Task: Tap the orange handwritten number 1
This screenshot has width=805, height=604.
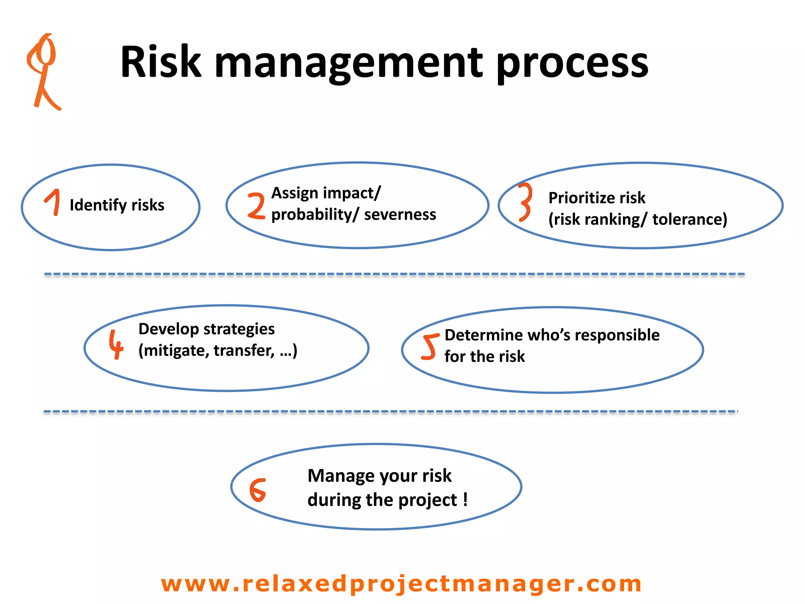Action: coord(53,202)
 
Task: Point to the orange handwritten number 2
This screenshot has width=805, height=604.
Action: coord(257,205)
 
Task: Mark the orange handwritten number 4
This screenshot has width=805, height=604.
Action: coord(116,344)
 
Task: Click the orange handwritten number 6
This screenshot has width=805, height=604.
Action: coord(258,490)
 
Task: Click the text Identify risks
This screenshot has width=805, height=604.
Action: coord(117,205)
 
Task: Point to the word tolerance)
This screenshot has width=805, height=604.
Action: coord(689,219)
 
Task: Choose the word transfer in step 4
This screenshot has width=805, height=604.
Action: coord(244,350)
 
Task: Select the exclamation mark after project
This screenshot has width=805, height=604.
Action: coord(465,499)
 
